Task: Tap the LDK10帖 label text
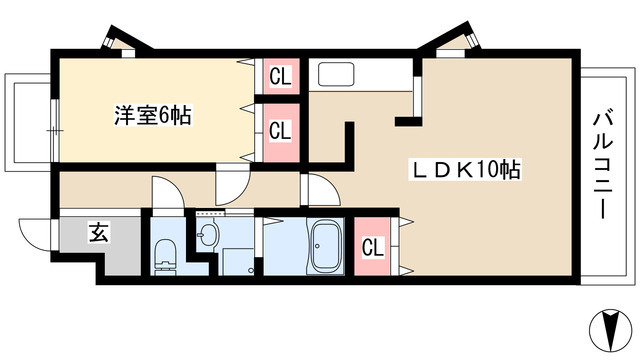point(468,170)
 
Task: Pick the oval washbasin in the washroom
point(208,236)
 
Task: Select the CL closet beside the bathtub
point(371,246)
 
